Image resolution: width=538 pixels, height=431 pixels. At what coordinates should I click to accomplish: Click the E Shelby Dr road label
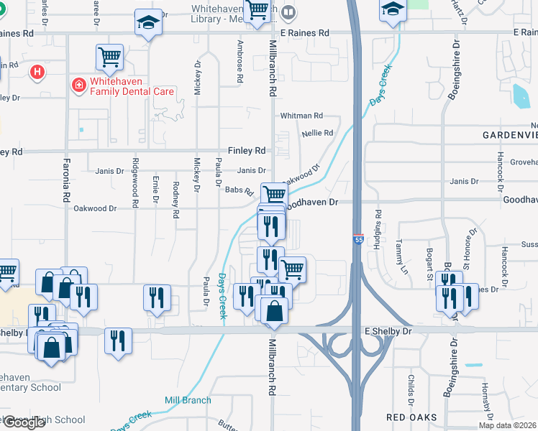388,331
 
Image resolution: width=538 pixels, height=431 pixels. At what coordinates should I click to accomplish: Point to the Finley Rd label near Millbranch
247,151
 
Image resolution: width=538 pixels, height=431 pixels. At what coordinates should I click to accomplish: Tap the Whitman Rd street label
301,116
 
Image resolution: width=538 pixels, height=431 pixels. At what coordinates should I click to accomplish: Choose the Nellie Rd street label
317,133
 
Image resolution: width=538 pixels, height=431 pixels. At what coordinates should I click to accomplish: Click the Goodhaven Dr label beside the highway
311,203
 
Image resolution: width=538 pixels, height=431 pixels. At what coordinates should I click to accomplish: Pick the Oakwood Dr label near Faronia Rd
95,208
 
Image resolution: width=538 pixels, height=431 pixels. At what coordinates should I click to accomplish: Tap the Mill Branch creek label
188,400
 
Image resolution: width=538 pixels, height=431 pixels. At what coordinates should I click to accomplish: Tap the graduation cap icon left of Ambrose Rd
147,24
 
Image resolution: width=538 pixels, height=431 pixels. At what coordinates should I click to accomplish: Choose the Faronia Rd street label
65,184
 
